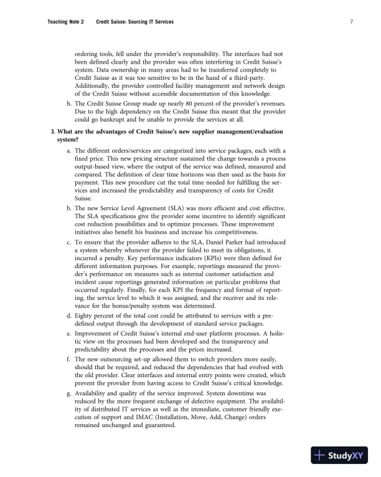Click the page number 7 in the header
pyautogui.click(x=352, y=22)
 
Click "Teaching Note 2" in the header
pyautogui.click(x=66, y=22)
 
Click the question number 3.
pyautogui.click(x=52, y=132)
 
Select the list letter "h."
pyautogui.click(x=68, y=102)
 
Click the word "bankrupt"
pyautogui.click(x=113, y=120)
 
